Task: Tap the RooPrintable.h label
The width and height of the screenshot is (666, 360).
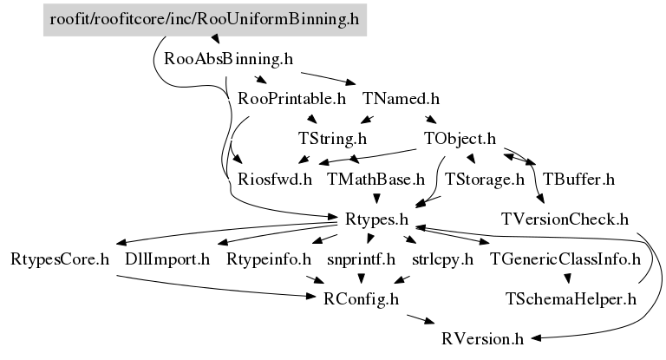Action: [x=291, y=98]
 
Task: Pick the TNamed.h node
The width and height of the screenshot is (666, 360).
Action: [x=407, y=98]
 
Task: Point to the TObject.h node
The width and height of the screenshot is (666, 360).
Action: [x=460, y=138]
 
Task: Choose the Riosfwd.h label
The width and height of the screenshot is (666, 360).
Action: [x=274, y=180]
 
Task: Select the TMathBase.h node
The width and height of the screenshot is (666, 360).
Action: [x=375, y=180]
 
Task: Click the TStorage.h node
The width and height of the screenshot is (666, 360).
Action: [x=485, y=180]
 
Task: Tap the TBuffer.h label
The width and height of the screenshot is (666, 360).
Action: [x=578, y=180]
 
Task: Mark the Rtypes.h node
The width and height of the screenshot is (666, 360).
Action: [x=376, y=219]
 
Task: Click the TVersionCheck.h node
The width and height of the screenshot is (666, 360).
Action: [x=565, y=219]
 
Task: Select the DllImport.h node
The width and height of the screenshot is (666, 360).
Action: [x=167, y=259]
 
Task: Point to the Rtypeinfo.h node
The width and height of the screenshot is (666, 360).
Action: [x=269, y=259]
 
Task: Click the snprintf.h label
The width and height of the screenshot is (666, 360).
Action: [x=361, y=259]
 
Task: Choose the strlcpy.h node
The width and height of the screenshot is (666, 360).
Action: [x=442, y=259]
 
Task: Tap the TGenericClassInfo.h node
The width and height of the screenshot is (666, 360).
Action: [x=565, y=259]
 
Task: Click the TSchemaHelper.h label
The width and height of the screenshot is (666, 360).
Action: [x=571, y=299]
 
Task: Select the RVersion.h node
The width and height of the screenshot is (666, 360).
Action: [x=484, y=338]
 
